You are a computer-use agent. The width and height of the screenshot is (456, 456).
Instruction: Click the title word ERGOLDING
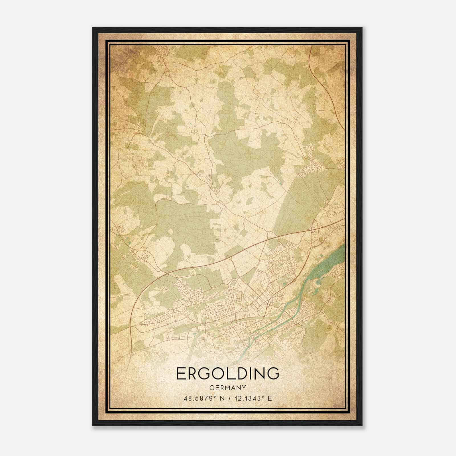point(228,374)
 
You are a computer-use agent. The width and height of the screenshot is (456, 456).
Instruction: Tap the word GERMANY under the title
point(228,388)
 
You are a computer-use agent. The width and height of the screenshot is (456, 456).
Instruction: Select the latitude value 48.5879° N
point(201,398)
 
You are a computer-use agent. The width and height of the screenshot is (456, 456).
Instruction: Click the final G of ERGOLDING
point(272,374)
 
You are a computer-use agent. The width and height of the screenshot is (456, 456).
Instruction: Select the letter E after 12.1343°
point(270,398)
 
